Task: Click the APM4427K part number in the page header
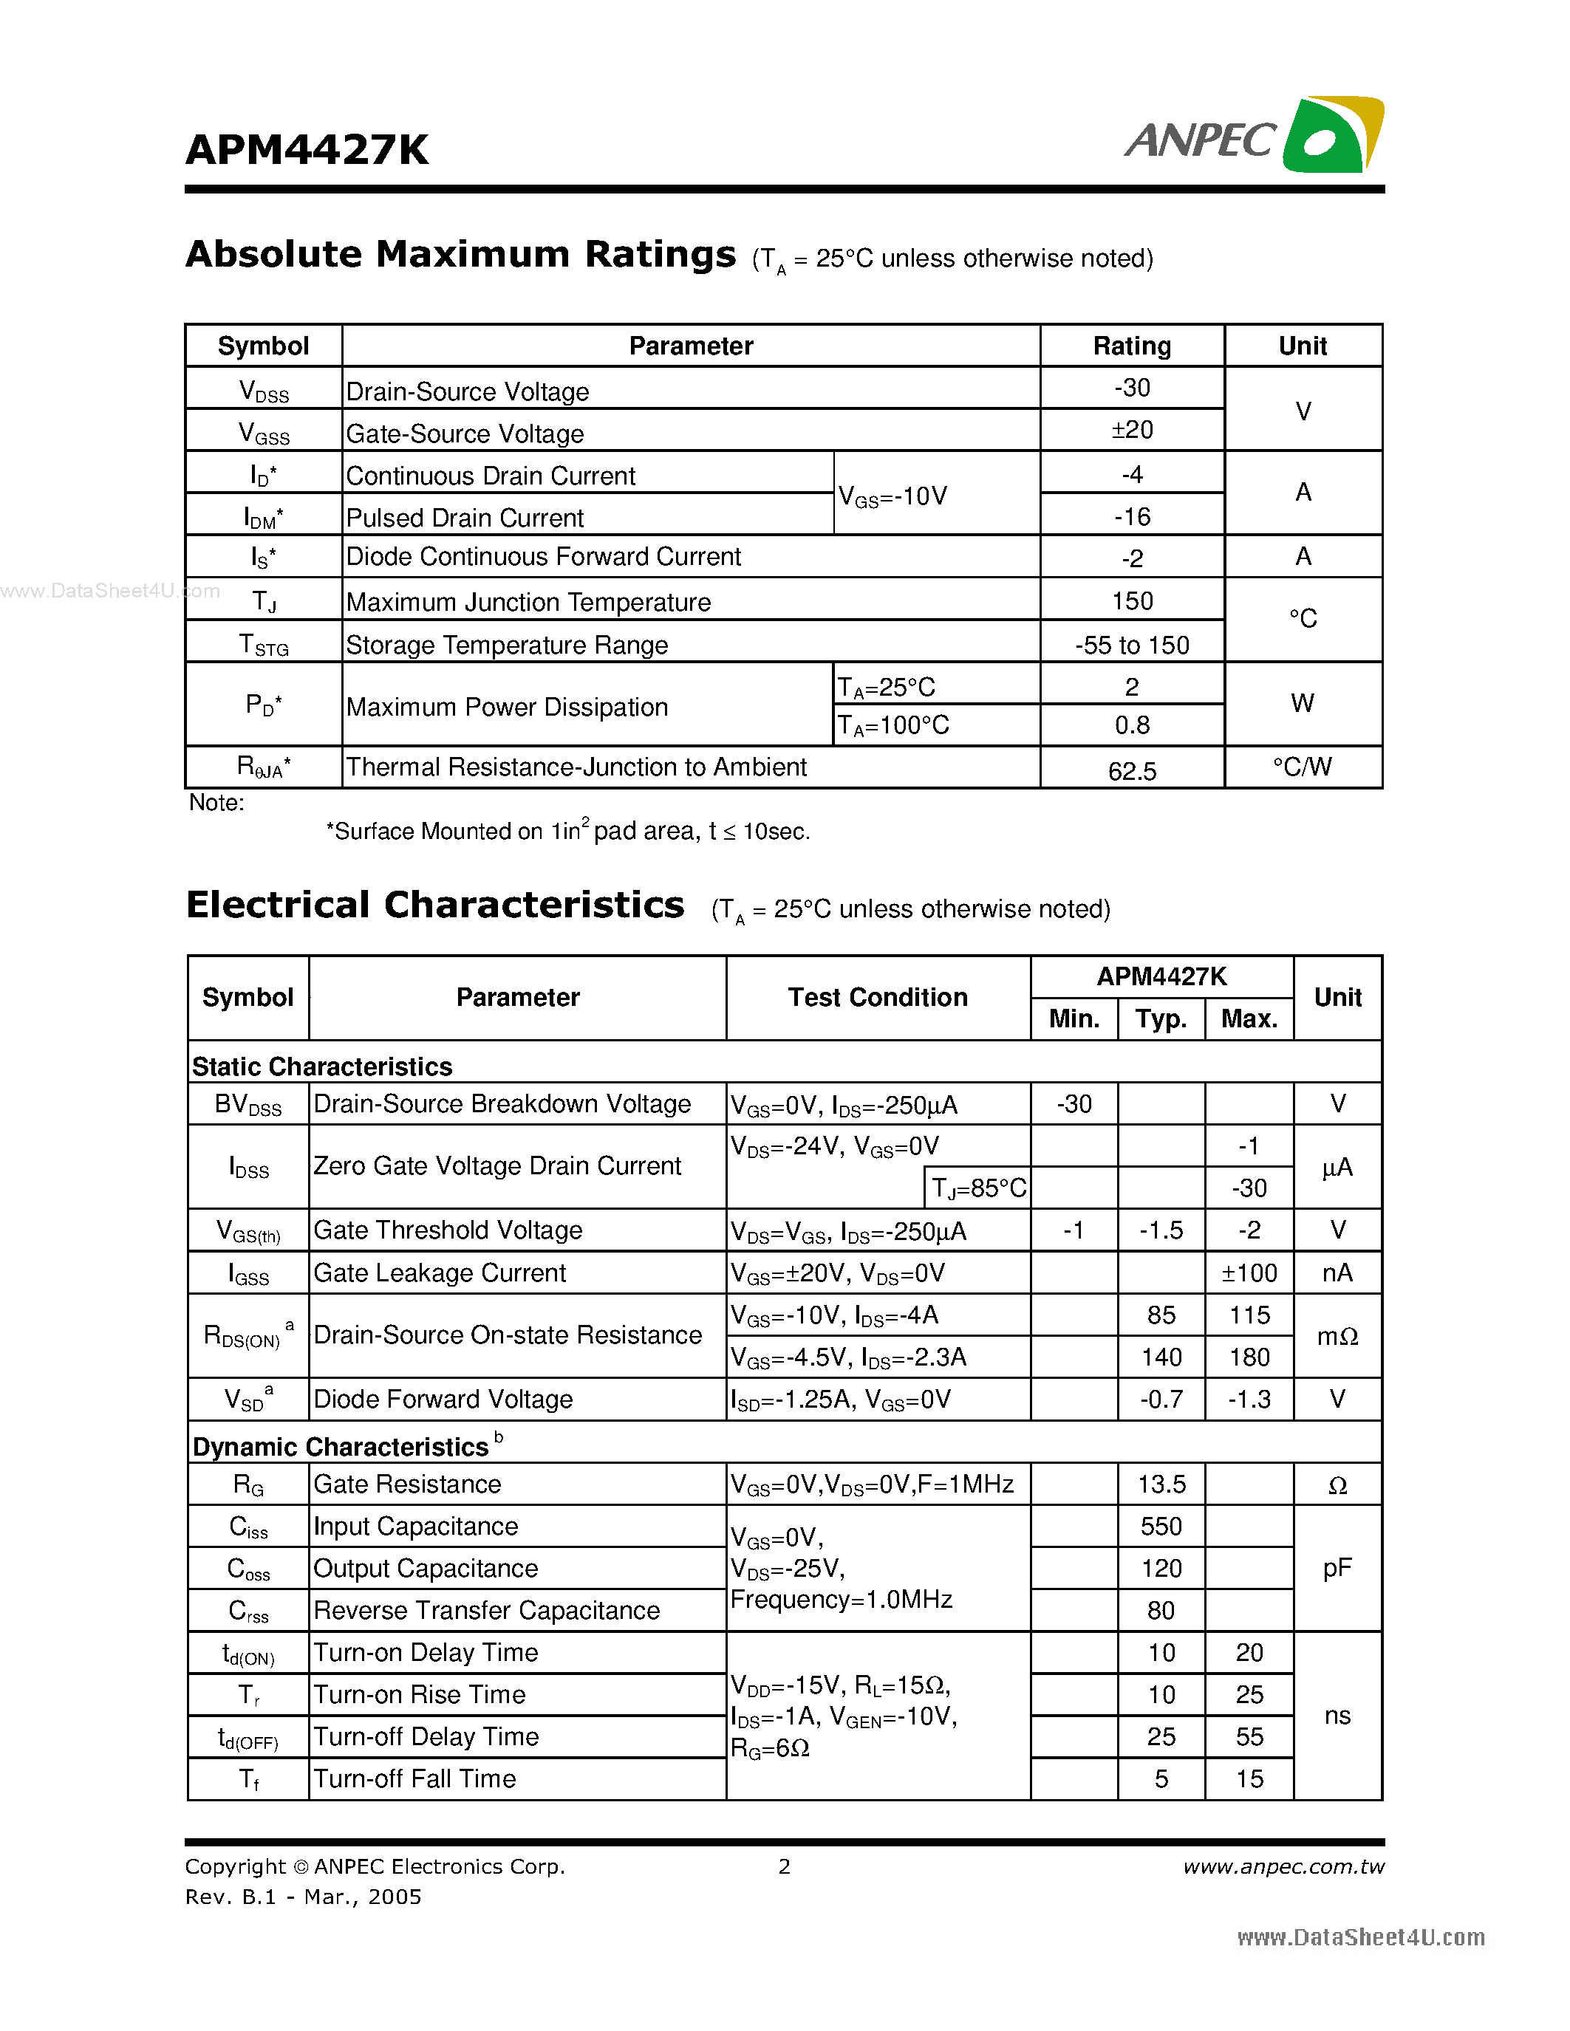(x=307, y=151)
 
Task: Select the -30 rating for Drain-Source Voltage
(x=1131, y=388)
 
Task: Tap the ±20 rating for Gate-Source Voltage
(x=1131, y=430)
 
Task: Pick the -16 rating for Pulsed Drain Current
(x=1131, y=516)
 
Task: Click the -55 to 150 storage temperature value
(x=1131, y=645)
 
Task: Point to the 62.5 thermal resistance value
(x=1131, y=771)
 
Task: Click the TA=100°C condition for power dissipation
(x=893, y=725)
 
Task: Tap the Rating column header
(x=1131, y=346)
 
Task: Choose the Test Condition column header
(x=877, y=998)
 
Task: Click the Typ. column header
(x=1161, y=1019)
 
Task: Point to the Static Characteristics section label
(x=322, y=1066)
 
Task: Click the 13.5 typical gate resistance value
(x=1161, y=1484)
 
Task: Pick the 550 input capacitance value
(x=1161, y=1526)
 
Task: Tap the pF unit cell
(x=1337, y=1568)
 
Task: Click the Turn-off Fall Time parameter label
(x=414, y=1779)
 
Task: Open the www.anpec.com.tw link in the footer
(x=1283, y=1866)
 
